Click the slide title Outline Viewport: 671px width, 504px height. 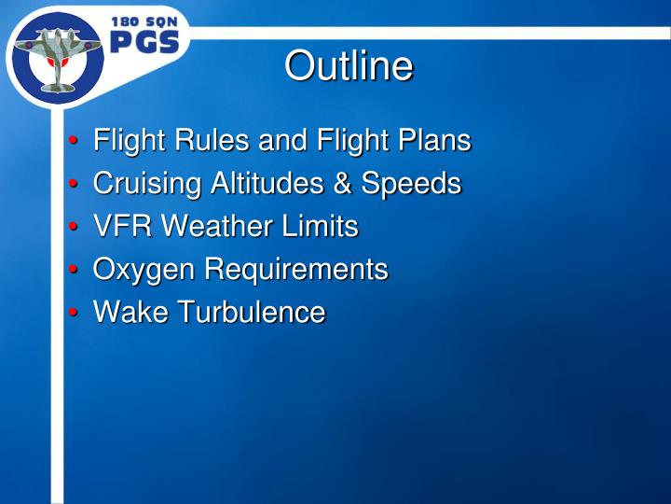(x=348, y=66)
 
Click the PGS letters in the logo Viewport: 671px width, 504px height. (x=145, y=43)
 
